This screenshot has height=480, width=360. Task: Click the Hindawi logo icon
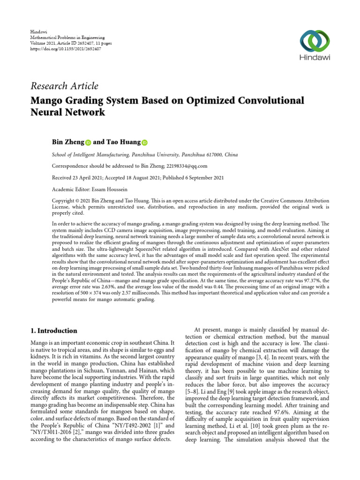pos(313,41)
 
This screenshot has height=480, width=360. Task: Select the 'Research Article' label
pos(64,86)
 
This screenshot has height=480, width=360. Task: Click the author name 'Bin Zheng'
pos(67,142)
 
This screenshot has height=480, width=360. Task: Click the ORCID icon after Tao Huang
pos(144,142)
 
